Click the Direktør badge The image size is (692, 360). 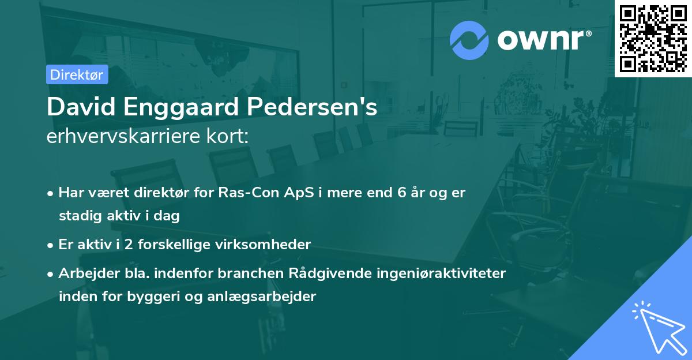[77, 75]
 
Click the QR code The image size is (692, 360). [653, 38]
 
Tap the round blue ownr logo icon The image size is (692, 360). [469, 40]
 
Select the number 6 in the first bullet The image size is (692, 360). [402, 193]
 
